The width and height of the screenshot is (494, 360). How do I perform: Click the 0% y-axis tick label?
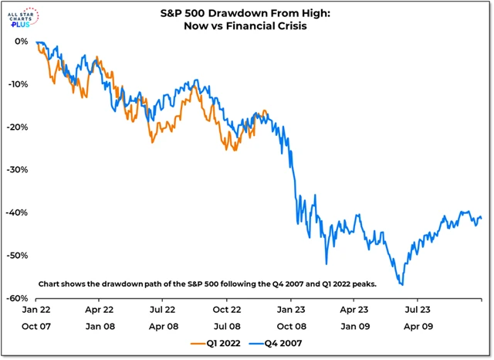click(x=21, y=42)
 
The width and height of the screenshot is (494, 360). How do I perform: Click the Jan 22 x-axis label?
click(x=36, y=308)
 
